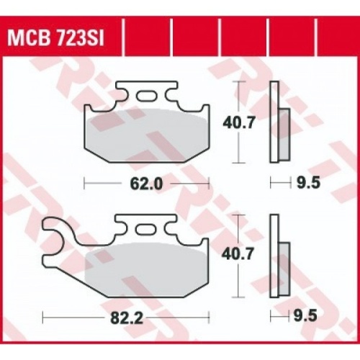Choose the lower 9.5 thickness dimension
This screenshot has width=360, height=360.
[x=307, y=315]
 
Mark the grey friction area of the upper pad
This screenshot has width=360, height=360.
[x=147, y=137]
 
